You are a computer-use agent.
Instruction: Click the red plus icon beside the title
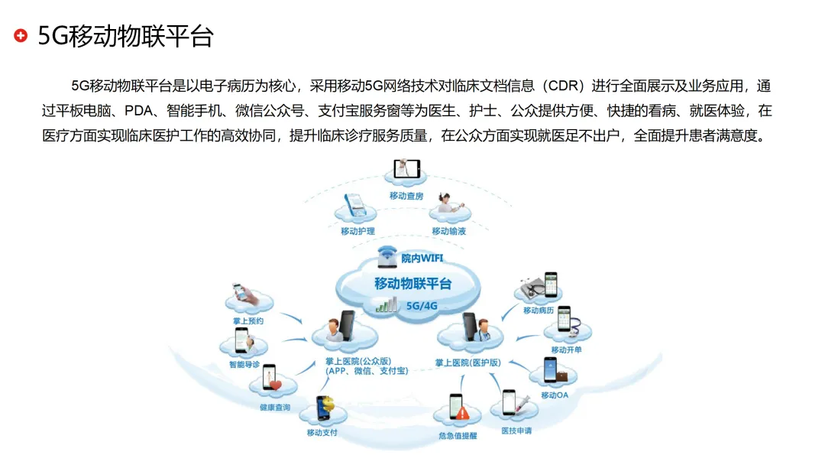click(21, 35)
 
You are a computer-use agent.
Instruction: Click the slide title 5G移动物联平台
click(125, 36)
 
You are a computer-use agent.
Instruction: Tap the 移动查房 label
click(406, 196)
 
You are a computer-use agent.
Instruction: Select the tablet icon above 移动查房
click(406, 169)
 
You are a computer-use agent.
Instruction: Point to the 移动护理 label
click(357, 231)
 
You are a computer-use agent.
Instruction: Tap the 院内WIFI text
click(422, 259)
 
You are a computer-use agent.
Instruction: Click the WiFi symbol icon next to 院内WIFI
click(388, 256)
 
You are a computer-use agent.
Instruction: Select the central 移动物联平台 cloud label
click(412, 284)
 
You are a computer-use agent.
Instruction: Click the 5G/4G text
click(422, 306)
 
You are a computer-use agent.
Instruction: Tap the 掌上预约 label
click(248, 321)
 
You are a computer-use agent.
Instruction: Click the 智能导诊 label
click(244, 365)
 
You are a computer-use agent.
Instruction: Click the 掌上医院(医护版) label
click(468, 362)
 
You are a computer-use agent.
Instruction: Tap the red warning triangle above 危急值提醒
click(463, 413)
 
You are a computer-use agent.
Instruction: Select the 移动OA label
click(555, 395)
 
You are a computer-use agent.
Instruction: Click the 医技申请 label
click(516, 431)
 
